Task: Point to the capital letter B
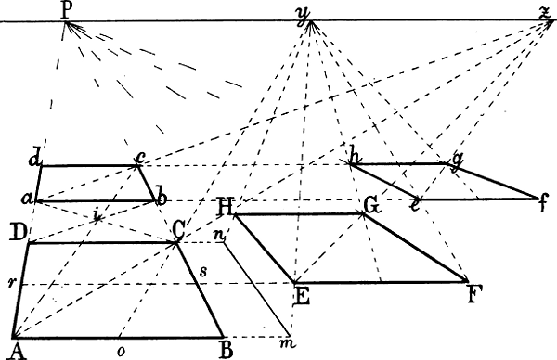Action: coord(224,351)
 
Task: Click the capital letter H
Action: coord(224,205)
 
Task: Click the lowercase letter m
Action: coord(290,345)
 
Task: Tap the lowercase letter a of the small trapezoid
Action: coord(30,199)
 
